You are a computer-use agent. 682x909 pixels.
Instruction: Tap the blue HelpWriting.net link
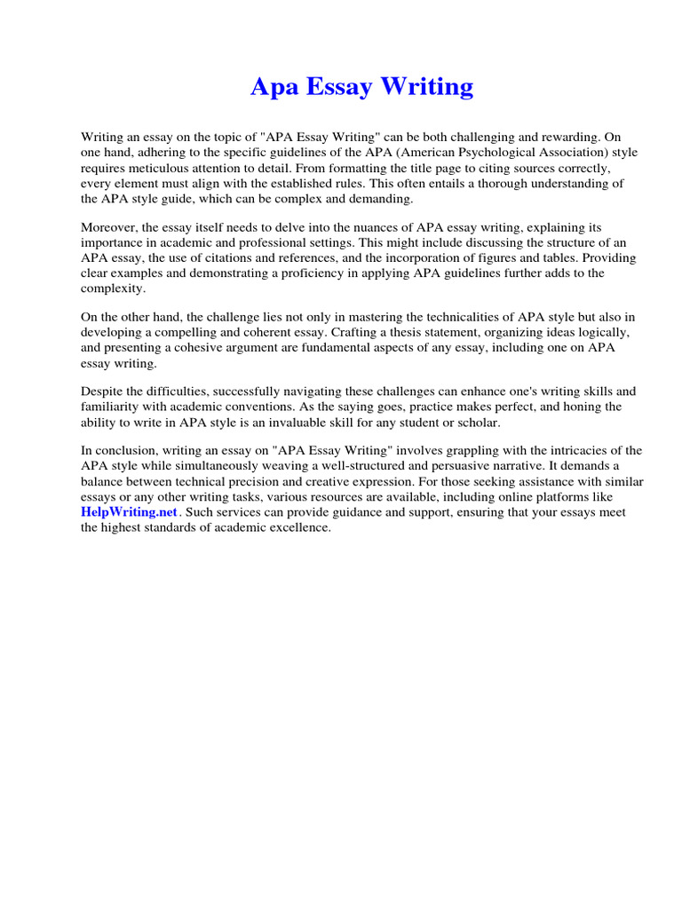point(130,513)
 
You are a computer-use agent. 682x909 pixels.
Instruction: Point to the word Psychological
point(487,153)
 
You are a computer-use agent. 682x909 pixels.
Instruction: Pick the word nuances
point(361,228)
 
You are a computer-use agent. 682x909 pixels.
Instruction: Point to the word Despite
point(102,392)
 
